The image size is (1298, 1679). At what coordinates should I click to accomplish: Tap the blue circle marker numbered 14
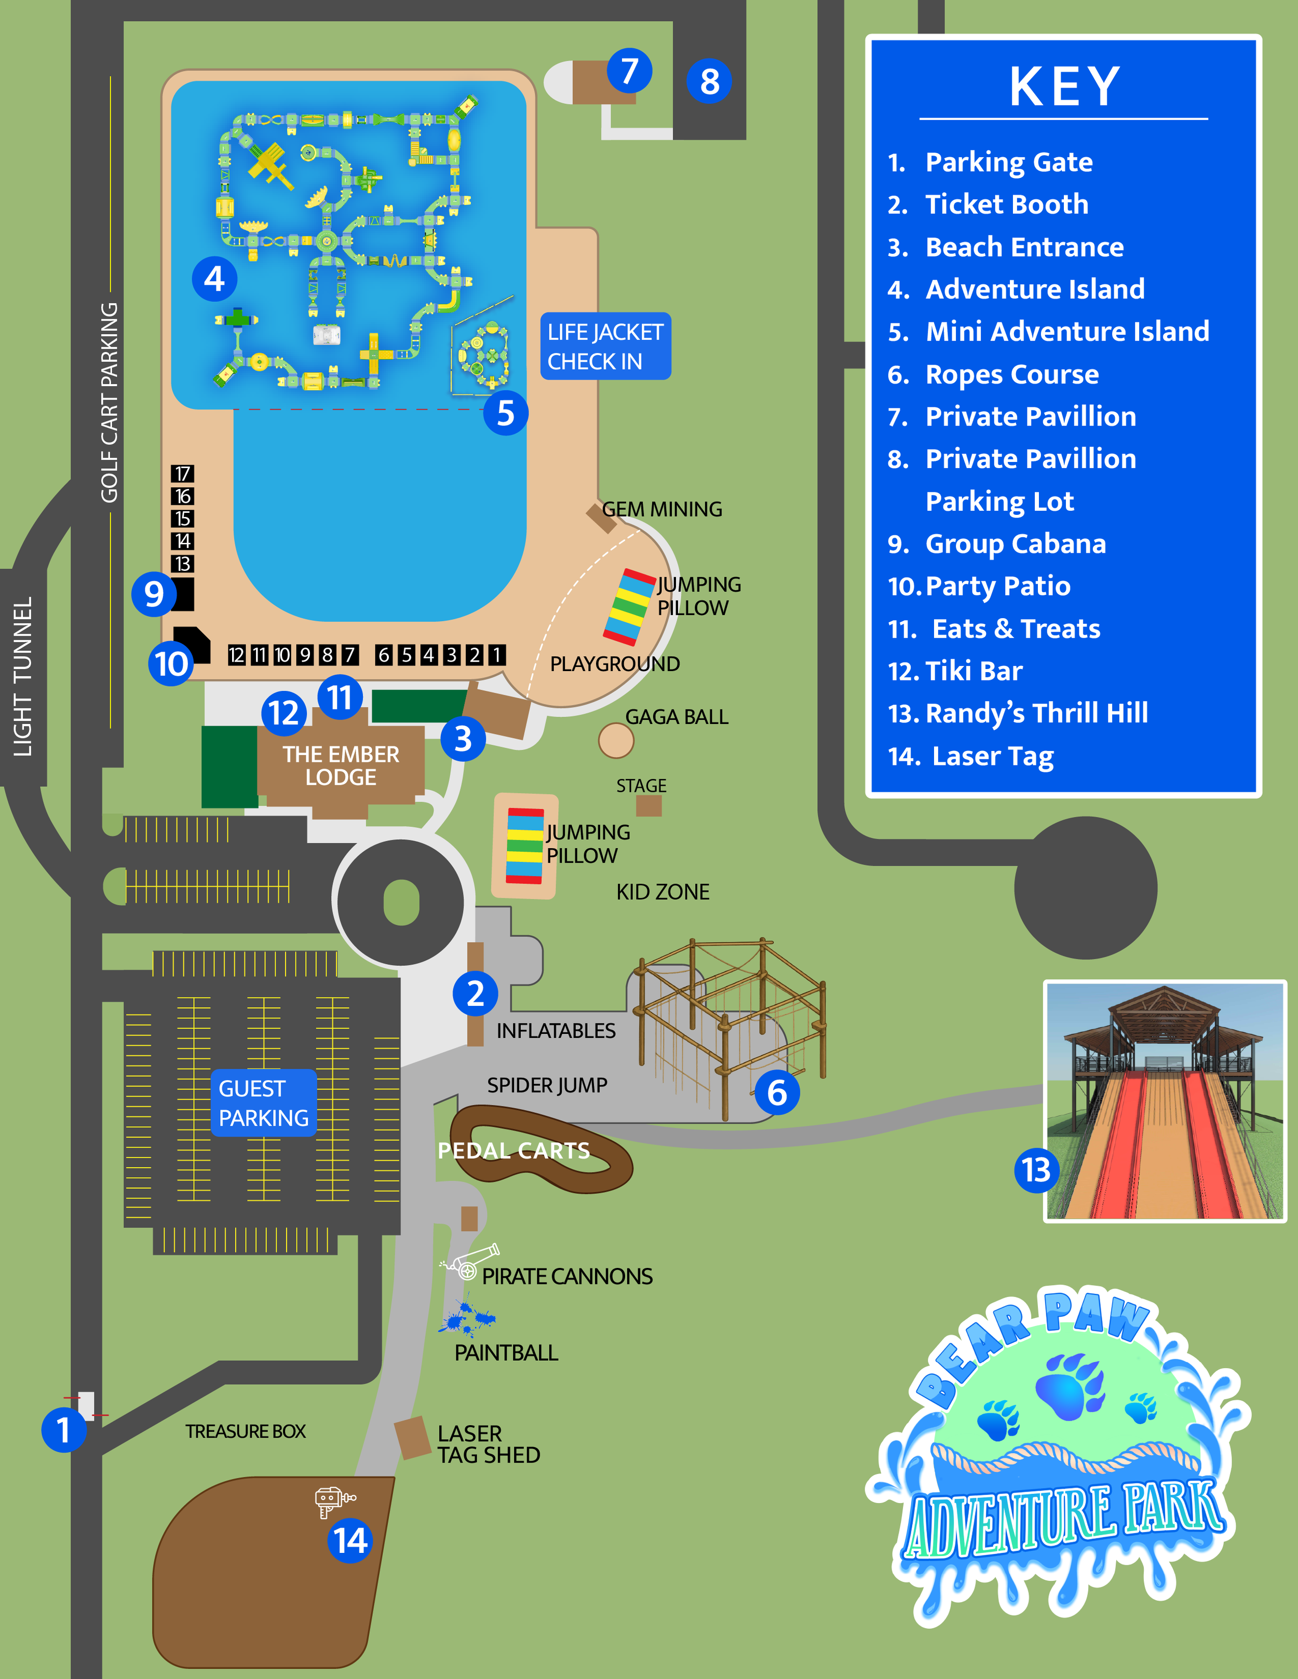[350, 1540]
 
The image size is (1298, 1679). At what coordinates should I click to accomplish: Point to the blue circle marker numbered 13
[1036, 1170]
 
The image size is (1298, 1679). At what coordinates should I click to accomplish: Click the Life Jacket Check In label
[605, 346]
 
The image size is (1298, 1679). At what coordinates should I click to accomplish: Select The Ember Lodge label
[341, 765]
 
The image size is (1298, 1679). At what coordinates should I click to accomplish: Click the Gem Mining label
[661, 509]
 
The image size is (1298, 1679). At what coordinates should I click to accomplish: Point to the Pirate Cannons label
[567, 1276]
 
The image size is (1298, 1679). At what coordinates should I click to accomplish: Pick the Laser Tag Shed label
[488, 1444]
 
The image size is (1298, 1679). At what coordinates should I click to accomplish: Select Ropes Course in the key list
[1011, 374]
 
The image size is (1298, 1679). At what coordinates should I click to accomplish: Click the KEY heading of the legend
[1064, 86]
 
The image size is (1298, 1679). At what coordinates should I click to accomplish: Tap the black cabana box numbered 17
[182, 473]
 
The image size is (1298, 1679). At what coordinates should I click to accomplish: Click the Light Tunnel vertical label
[23, 676]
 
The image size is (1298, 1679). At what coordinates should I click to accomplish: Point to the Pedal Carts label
[513, 1150]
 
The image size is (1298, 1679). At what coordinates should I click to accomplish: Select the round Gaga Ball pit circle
[616, 740]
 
